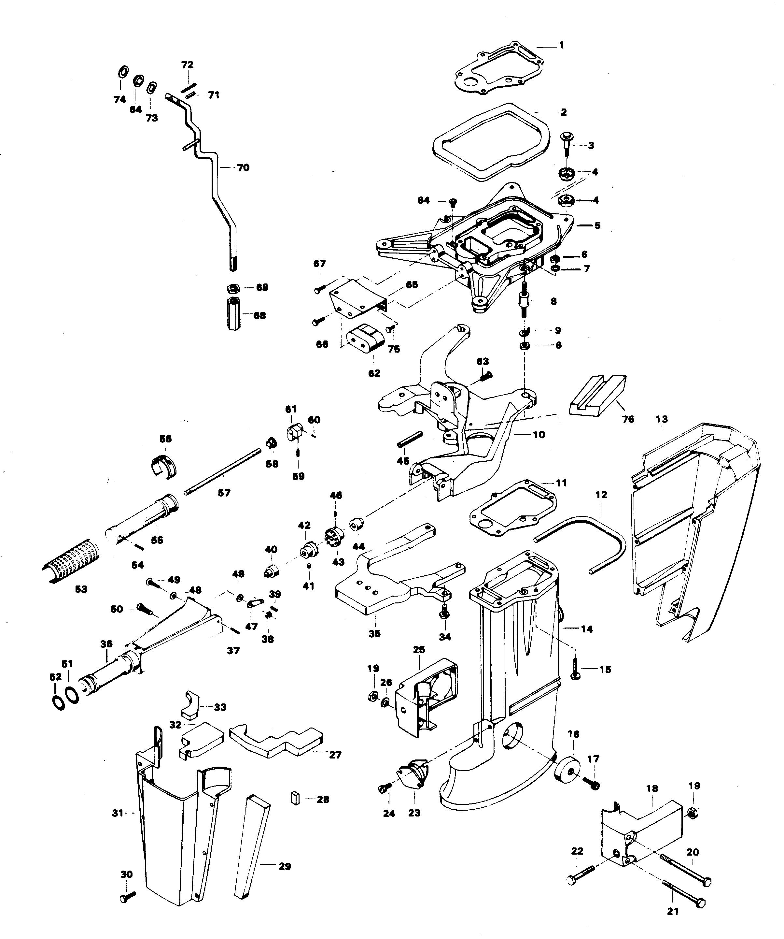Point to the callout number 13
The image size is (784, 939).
pos(662,419)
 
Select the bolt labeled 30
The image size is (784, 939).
pos(127,896)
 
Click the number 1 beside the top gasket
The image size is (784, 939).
pos(562,45)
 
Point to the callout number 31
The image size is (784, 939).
pos(117,813)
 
